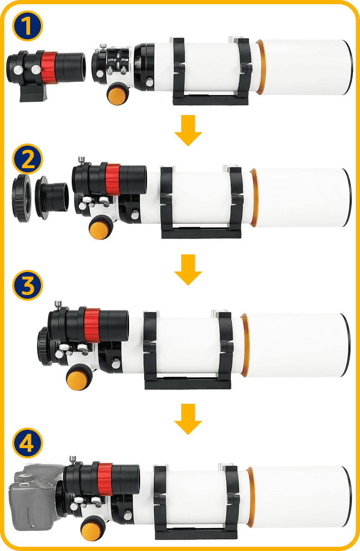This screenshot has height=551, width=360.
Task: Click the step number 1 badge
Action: coord(27,26)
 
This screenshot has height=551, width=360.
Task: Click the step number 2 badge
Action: coord(27,159)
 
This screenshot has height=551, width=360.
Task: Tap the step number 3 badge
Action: coord(27,285)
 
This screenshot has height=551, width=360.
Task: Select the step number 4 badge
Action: coord(27,443)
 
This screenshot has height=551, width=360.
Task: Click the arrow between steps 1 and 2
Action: coord(188,131)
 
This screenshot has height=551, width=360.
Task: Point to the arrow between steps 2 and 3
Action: coord(188,270)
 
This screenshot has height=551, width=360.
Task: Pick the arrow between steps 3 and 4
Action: coord(188,419)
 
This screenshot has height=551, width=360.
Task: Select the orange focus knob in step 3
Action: coord(79,377)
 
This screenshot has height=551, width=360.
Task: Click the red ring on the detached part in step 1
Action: coord(50,67)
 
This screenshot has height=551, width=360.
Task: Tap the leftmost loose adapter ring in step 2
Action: coord(22,198)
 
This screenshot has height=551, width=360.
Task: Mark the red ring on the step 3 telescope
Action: coord(92,325)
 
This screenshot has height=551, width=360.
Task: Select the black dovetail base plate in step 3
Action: coord(188,383)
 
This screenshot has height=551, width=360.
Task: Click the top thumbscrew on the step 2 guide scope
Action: coord(81,160)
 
